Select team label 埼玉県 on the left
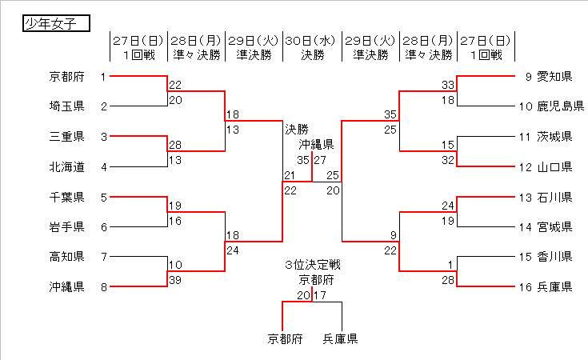(66, 106)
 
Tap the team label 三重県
(66, 137)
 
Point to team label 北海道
(66, 167)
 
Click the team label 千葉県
(66, 197)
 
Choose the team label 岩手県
(66, 227)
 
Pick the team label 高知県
(66, 257)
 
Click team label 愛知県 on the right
(554, 77)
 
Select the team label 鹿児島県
(560, 106)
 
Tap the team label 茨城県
(554, 137)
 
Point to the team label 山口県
(554, 167)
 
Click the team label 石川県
(554, 197)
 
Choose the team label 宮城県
(554, 227)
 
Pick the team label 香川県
(554, 257)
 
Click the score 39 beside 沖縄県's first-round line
(175, 279)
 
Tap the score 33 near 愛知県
(448, 85)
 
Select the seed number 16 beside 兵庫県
(525, 287)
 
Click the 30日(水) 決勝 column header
(313, 47)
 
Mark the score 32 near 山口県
(448, 159)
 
